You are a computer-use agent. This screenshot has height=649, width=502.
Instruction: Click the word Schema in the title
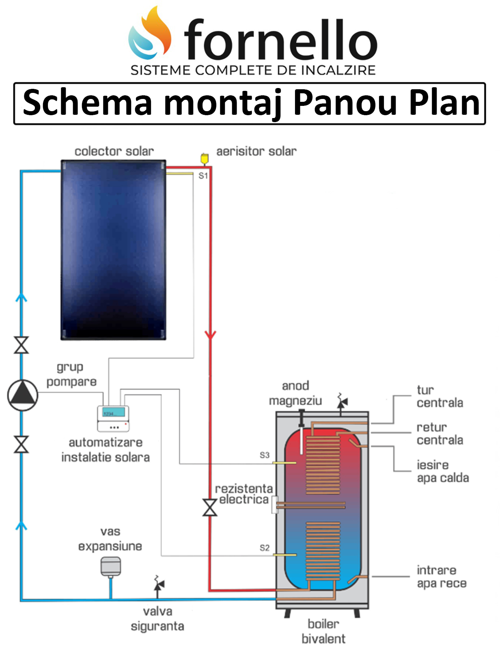coord(87,103)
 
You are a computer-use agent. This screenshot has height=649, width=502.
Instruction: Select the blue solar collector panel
coord(113,249)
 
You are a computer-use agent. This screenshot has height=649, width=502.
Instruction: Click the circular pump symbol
coord(23,395)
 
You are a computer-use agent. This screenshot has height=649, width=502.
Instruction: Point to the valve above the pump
coord(22,345)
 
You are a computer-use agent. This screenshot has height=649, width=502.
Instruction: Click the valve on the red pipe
coord(210,507)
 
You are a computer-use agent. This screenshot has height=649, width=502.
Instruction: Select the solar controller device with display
coord(113,418)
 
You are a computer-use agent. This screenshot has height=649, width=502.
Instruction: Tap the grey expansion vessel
coord(110,566)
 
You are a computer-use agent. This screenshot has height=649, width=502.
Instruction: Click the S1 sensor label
coord(203,176)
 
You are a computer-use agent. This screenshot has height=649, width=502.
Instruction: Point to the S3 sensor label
coord(265,455)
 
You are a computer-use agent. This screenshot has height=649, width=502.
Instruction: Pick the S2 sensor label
coord(265,548)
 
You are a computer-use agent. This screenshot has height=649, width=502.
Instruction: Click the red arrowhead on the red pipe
coord(210,335)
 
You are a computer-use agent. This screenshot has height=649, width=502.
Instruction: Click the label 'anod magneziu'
coord(295,393)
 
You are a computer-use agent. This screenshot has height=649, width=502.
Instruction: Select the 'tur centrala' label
coord(440,396)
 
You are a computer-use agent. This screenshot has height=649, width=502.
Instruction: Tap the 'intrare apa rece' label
coord(442,577)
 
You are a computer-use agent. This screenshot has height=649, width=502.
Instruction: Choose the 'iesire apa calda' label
coord(442,471)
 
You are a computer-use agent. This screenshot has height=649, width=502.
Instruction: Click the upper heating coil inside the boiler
coord(323,464)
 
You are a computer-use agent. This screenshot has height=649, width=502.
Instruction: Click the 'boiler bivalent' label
coord(323,631)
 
